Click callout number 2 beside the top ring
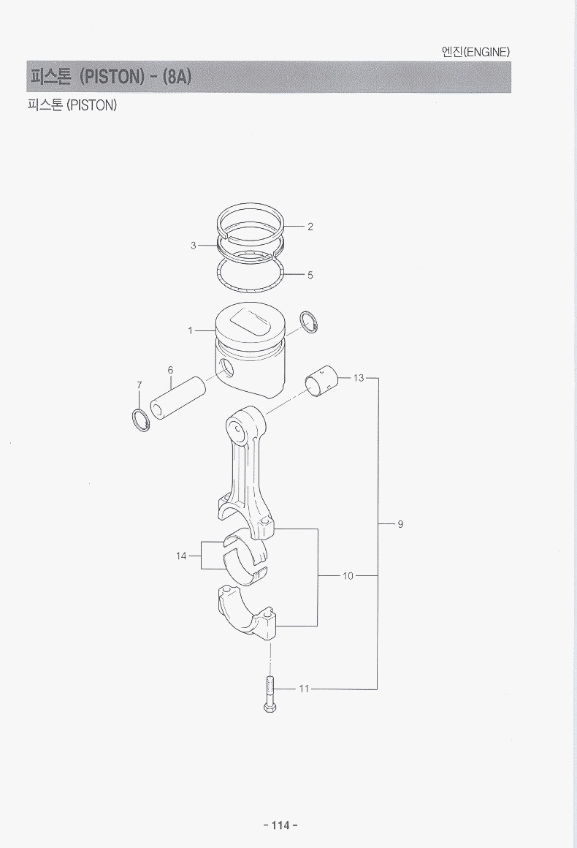[310, 227]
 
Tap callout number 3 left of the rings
[194, 246]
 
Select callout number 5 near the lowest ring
[310, 275]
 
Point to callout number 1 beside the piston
[190, 330]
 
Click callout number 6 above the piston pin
[171, 370]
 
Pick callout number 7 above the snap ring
[140, 385]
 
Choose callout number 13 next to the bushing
[359, 378]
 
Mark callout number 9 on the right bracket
[400, 523]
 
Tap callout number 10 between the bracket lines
[348, 576]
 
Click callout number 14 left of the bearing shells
[181, 556]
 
